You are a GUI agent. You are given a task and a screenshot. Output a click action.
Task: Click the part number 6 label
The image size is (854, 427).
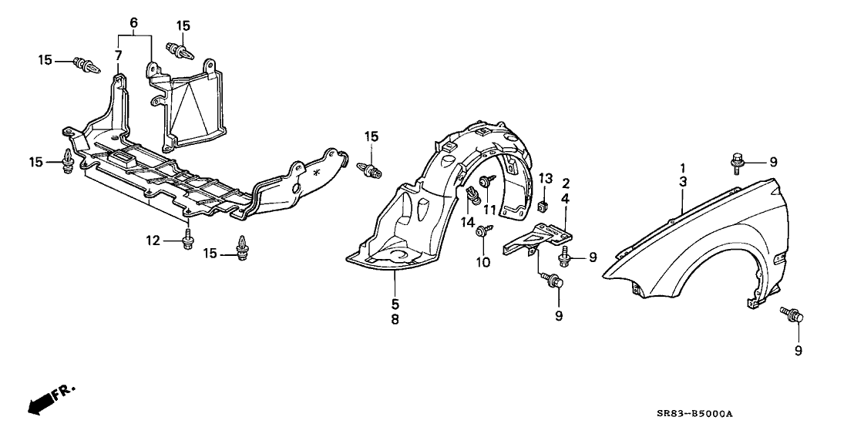pyautogui.click(x=133, y=25)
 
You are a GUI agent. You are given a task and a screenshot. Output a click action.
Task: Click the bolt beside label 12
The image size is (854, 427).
pyautogui.click(x=188, y=240)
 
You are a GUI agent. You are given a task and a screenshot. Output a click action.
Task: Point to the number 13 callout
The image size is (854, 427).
pyautogui.click(x=545, y=179)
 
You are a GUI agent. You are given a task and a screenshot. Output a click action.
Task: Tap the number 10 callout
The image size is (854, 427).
pyautogui.click(x=482, y=263)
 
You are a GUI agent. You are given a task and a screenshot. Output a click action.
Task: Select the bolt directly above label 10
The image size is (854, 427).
pyautogui.click(x=482, y=230)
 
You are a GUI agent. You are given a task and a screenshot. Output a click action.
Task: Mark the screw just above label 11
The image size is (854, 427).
pyautogui.click(x=487, y=182)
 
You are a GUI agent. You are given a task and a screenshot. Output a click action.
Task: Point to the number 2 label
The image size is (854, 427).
pyautogui.click(x=566, y=183)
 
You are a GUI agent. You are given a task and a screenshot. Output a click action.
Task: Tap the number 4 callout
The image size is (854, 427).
pyautogui.click(x=566, y=199)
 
